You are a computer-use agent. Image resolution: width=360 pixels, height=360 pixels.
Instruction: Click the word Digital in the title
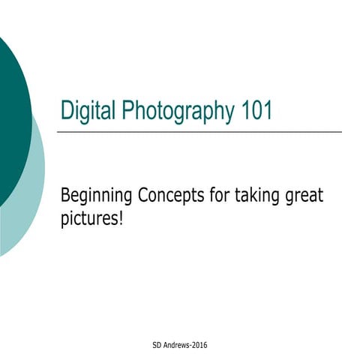click(85, 112)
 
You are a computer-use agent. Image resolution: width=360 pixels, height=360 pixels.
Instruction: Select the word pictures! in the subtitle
click(91, 220)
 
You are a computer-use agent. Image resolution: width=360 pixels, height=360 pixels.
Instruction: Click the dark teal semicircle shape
click(11, 120)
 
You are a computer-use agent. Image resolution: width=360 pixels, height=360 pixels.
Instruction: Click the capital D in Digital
click(66, 112)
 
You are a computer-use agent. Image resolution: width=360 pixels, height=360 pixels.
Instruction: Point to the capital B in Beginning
click(65, 196)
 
